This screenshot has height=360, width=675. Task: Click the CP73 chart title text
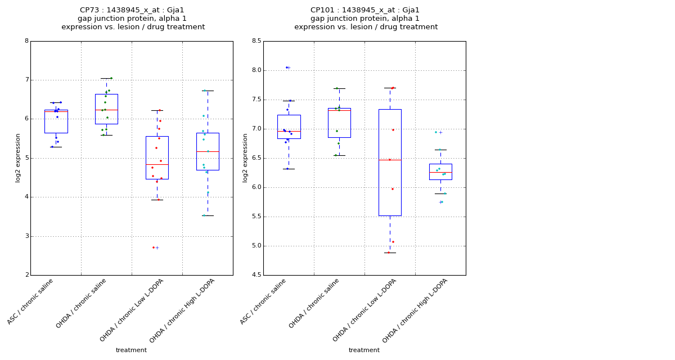pyautogui.click(x=133, y=19)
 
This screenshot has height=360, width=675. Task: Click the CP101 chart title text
pyautogui.click(x=366, y=19)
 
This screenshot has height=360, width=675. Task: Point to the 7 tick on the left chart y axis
pyautogui.click(x=26, y=80)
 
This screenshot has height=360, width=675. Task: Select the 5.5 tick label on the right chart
pyautogui.click(x=255, y=217)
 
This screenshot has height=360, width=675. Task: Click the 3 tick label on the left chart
pyautogui.click(x=26, y=236)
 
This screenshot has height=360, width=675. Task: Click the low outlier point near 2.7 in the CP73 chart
pyautogui.click(x=153, y=247)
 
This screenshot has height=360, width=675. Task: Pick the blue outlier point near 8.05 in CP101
pyautogui.click(x=286, y=67)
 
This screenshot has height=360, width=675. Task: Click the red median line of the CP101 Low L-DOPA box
pyautogui.click(x=390, y=160)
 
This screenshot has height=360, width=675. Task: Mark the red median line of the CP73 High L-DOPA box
pyautogui.click(x=208, y=151)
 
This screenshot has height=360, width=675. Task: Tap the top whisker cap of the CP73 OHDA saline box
pyautogui.click(x=106, y=78)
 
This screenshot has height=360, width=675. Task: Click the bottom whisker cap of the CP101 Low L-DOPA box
pyautogui.click(x=390, y=253)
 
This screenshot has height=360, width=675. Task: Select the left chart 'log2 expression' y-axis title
pyautogui.click(x=18, y=157)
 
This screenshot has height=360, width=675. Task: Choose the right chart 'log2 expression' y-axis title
pyautogui.click(x=245, y=157)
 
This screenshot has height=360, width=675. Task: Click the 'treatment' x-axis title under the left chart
pyautogui.click(x=131, y=350)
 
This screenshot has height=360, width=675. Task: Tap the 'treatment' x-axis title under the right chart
pyautogui.click(x=364, y=350)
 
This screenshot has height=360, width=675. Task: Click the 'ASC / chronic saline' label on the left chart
pyautogui.click(x=31, y=301)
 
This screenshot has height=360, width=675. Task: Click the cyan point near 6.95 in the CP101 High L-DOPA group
pyautogui.click(x=435, y=132)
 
